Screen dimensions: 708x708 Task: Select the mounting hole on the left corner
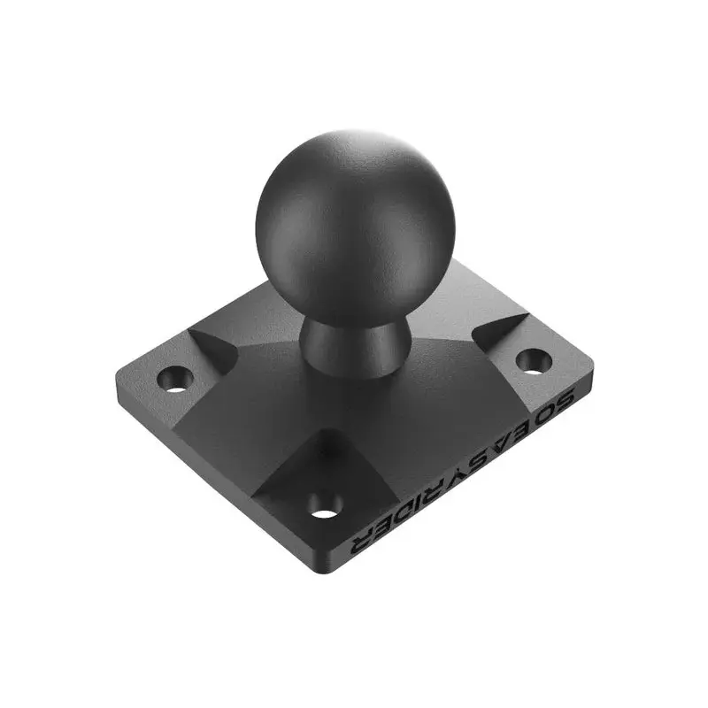[175, 379]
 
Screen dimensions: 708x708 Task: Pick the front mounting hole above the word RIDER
[325, 507]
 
